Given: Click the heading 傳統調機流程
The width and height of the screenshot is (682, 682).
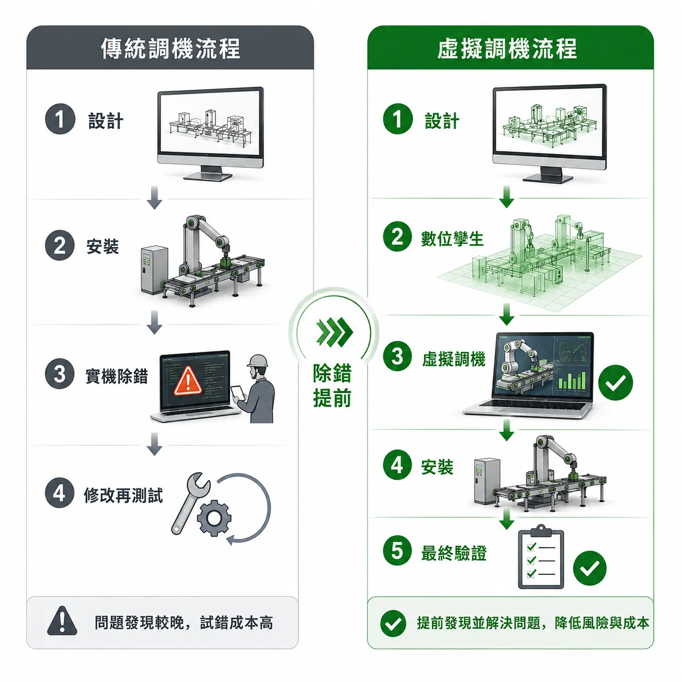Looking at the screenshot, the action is coord(171,48).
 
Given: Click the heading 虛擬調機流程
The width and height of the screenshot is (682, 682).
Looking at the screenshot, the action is coord(507,48).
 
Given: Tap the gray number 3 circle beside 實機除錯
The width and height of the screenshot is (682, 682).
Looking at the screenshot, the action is coord(59,374).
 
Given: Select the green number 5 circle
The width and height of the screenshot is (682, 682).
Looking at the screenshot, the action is coord(397,551).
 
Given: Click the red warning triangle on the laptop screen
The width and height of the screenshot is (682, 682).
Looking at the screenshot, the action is coord(188,381).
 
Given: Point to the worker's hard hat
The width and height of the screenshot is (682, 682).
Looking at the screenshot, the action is coord(257,361).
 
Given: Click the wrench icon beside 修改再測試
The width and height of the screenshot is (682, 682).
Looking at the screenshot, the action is coord(190,503).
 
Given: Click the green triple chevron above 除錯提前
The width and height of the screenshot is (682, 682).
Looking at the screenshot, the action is coord(334,332).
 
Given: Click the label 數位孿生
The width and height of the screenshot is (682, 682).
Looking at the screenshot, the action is coord(452,239).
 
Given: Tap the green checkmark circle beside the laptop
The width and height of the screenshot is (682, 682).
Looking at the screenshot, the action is coord(616,382).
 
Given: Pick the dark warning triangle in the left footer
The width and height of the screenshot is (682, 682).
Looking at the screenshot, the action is coord(62,621).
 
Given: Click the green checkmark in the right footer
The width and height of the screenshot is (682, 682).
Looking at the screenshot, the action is coord(393,623).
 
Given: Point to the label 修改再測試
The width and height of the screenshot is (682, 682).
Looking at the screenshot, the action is coord(123,495).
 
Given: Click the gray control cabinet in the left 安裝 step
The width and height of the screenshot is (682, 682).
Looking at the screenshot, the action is coord(154,270).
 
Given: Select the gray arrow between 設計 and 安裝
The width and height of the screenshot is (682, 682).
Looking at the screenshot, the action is coord(154,197).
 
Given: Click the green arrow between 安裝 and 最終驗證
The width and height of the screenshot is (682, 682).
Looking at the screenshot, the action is coord(507,519).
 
